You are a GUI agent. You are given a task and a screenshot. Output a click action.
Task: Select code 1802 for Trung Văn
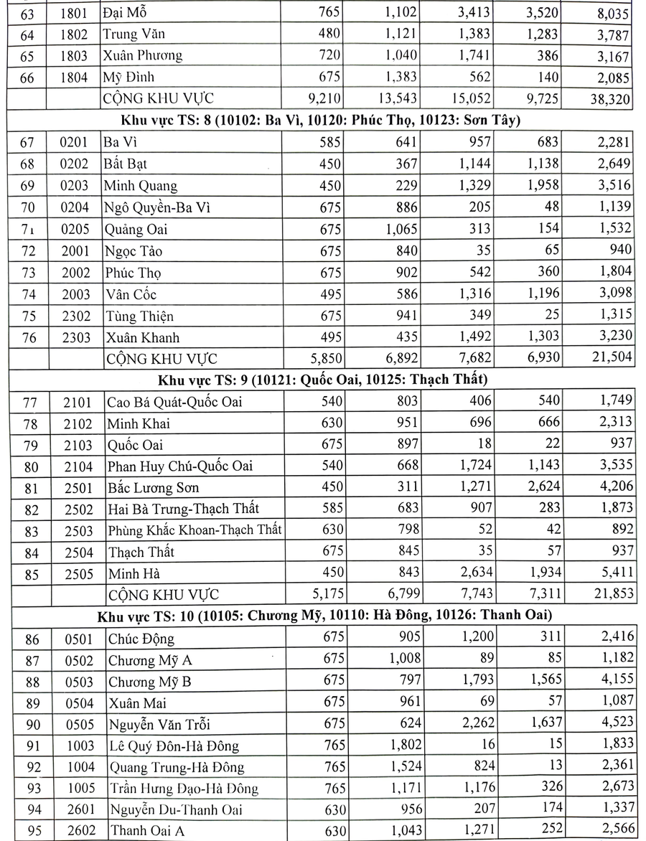[75, 34]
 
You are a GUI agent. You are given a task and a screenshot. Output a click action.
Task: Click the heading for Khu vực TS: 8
[323, 120]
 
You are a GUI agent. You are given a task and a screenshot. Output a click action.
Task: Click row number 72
[27, 251]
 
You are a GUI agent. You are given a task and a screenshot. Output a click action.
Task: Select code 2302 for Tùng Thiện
[75, 316]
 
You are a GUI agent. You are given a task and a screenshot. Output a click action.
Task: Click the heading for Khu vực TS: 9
[323, 378]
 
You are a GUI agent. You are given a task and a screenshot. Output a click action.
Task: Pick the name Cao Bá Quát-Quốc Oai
[174, 401]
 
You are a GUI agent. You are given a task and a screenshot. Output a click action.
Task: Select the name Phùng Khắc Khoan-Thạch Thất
[194, 530]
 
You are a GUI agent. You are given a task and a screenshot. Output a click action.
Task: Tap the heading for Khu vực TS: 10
[323, 615]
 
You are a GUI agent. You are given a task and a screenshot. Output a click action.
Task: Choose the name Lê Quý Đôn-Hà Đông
[173, 746]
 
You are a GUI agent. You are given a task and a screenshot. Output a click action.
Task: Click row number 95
[27, 831]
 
